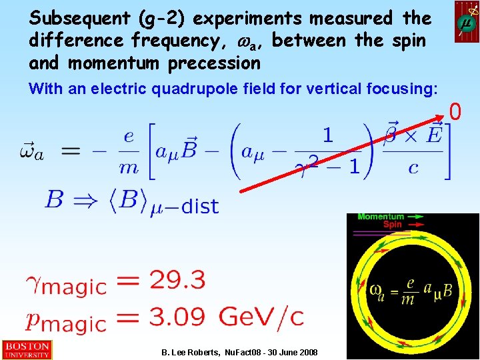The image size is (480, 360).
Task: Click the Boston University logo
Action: pyautogui.click(x=26, y=349)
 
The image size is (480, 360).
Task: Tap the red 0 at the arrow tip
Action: pyautogui.click(x=455, y=112)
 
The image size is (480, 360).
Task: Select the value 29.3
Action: pyautogui.click(x=177, y=279)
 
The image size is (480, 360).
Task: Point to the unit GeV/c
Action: pyautogui.click(x=261, y=316)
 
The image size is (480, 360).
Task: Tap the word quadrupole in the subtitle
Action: pyautogui.click(x=198, y=88)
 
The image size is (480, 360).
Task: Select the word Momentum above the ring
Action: pyautogui.click(x=381, y=217)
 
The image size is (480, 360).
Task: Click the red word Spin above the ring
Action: pyautogui.click(x=392, y=225)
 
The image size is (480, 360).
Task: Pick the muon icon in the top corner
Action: pyautogui.click(x=467, y=22)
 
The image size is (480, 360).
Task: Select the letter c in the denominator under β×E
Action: pyautogui.click(x=413, y=167)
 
